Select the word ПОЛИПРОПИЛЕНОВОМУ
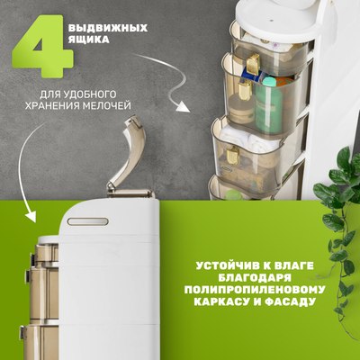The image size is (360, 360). [x=257, y=293]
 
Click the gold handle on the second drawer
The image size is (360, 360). [x=244, y=90]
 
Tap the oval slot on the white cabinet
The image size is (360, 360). [x=88, y=220]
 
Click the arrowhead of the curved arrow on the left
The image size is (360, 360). [x=31, y=218]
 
